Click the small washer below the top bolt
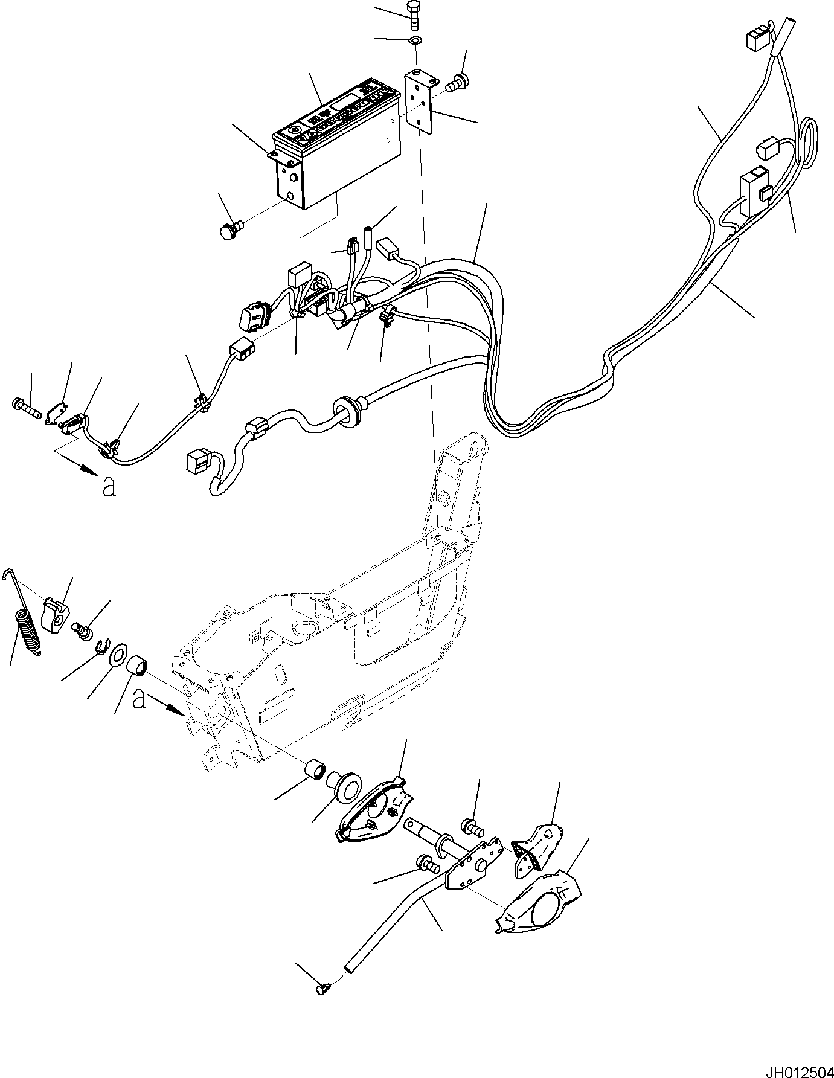(x=415, y=40)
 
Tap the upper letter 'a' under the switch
(x=109, y=487)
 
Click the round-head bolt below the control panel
(x=229, y=231)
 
